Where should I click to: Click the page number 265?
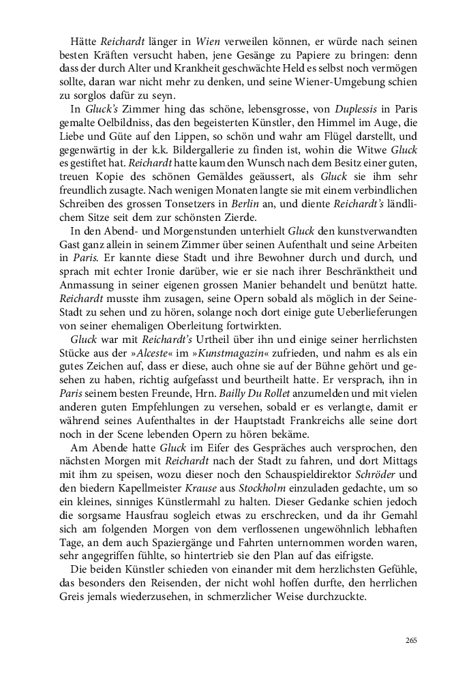tap(410, 640)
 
